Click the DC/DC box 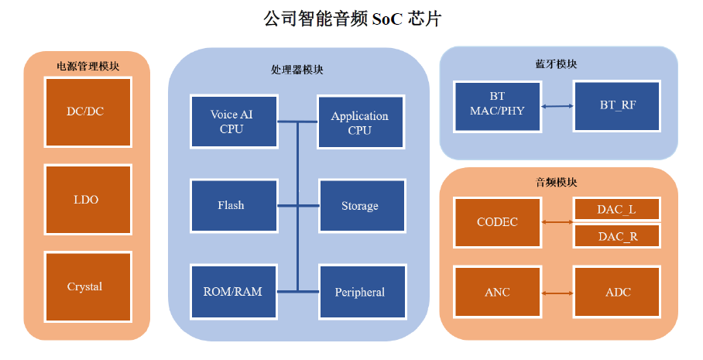click(88, 112)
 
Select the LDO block click(88, 200)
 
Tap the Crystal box click(88, 286)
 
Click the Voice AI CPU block click(234, 122)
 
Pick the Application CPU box click(361, 122)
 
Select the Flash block click(234, 206)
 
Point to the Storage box click(362, 206)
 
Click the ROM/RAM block click(234, 292)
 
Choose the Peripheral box click(362, 292)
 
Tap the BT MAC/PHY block click(497, 107)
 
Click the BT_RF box click(617, 106)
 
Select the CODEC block click(497, 222)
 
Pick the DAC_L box click(617, 209)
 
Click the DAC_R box click(617, 236)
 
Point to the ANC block click(497, 293)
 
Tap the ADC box click(617, 293)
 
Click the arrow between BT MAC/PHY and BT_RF click(557, 106)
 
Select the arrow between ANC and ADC click(557, 293)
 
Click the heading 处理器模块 click(297, 70)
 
